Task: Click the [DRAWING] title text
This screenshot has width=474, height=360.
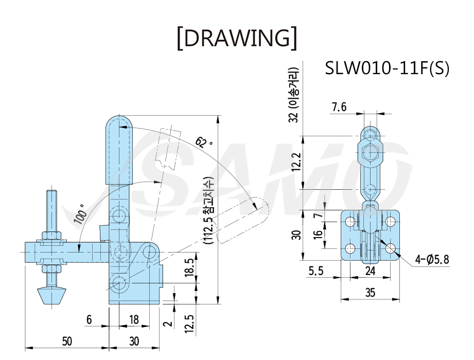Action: click(237, 38)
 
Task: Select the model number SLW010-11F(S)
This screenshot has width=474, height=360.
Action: click(387, 68)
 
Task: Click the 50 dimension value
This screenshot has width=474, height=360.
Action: click(67, 341)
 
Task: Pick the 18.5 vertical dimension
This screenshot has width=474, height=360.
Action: click(189, 267)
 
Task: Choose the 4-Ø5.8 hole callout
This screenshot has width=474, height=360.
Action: click(432, 259)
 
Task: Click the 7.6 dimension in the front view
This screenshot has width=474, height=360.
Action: click(339, 107)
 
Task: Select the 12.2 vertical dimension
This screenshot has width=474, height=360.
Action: click(297, 161)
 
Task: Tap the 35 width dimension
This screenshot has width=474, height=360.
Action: click(371, 292)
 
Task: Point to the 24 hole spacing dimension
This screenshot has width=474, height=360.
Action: click(371, 271)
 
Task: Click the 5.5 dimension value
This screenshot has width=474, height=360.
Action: click(316, 271)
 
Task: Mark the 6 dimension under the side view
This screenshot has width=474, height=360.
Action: click(89, 319)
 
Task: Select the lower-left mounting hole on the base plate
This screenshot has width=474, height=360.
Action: click(350, 248)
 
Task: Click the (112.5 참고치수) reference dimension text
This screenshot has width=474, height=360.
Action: click(209, 210)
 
